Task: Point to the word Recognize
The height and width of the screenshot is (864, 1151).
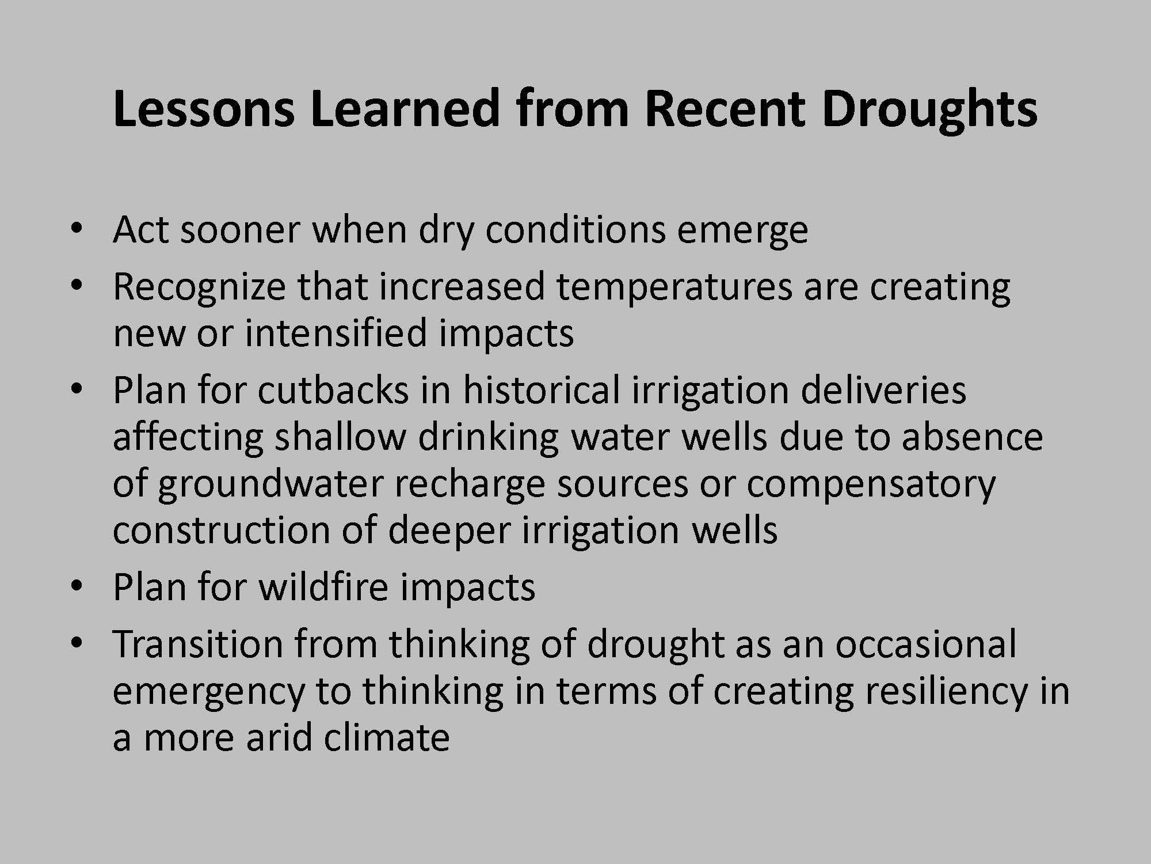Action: pyautogui.click(x=199, y=287)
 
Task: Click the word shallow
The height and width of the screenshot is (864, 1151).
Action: pyautogui.click(x=340, y=436)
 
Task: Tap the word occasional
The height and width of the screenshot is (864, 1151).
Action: pyautogui.click(x=926, y=644)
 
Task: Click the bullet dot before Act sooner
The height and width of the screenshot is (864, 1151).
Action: pyautogui.click(x=75, y=229)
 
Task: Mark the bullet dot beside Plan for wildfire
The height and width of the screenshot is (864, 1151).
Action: pyautogui.click(x=75, y=586)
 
